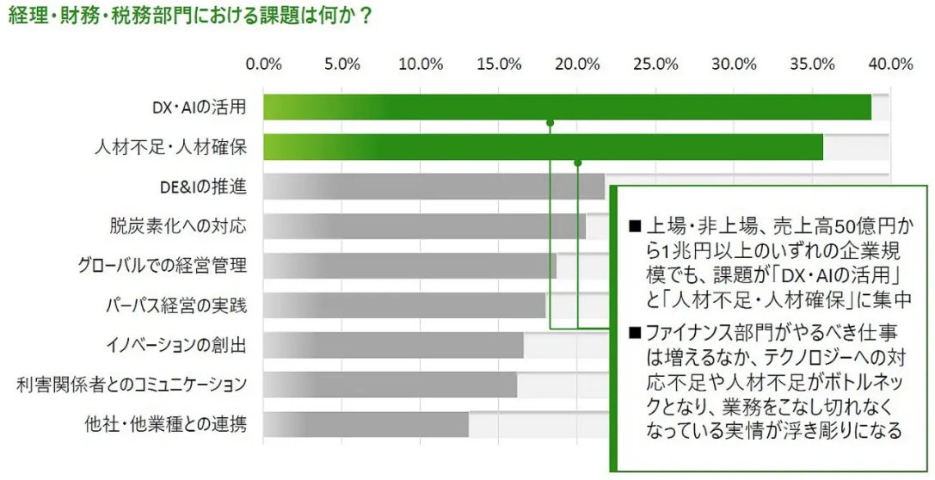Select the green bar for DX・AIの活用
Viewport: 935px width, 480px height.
pos(567,108)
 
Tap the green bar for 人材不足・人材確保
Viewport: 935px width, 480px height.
pos(543,147)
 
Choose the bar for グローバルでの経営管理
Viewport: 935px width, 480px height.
pos(409,266)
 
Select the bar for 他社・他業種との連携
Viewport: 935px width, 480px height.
pos(366,424)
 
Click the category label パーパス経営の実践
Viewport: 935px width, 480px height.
pos(176,305)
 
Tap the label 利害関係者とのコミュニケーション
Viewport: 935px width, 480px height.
pos(132,385)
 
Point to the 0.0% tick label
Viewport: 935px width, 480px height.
pos(264,64)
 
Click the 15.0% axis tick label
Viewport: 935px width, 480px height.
pos(499,64)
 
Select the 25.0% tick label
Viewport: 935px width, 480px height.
pos(655,64)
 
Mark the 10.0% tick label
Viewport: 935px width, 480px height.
pos(421,64)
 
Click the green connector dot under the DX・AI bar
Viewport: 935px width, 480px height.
pos(550,123)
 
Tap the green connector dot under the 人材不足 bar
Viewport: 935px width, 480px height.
pos(578,163)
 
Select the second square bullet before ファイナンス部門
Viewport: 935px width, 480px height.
pos(636,332)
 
